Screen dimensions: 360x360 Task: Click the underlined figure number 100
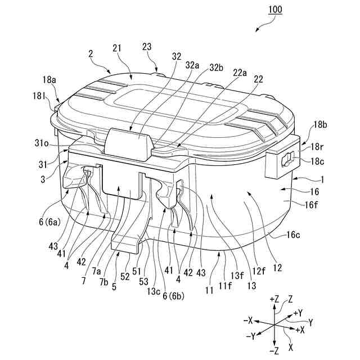click(x=275, y=10)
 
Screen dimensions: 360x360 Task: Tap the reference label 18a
click(x=49, y=81)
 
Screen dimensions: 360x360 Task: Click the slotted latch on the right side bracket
click(x=287, y=161)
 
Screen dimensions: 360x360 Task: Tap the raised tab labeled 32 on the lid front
click(x=129, y=142)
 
